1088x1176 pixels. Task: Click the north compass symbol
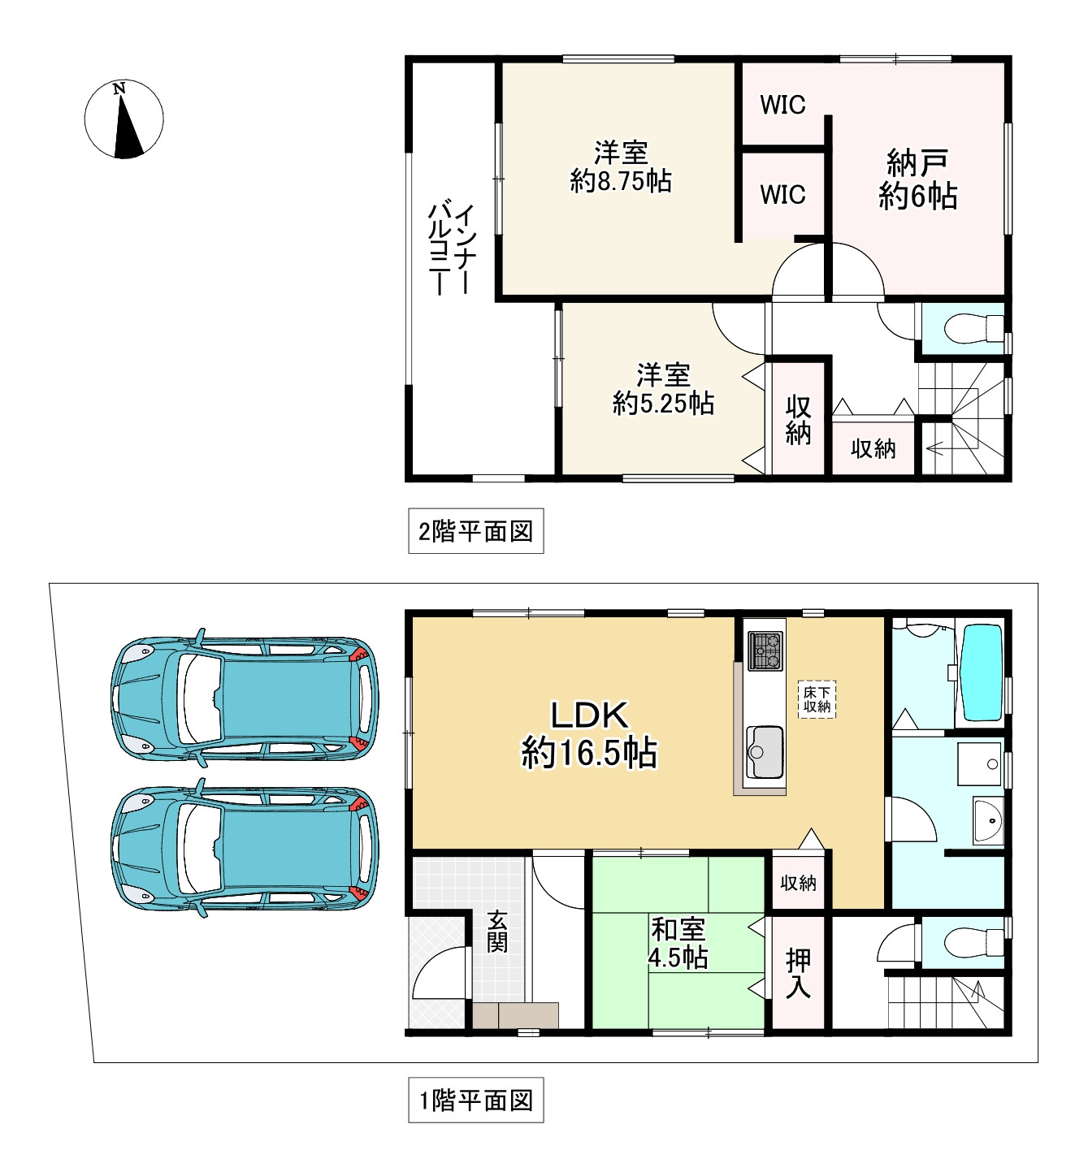(x=124, y=119)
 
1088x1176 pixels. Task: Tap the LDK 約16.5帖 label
(x=589, y=734)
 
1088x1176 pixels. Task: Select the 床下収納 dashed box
(x=817, y=698)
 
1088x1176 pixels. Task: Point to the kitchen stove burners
(x=765, y=651)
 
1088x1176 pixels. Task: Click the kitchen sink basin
(x=765, y=752)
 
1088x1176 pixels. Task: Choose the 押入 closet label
(x=798, y=973)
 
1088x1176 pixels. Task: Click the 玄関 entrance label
(x=497, y=932)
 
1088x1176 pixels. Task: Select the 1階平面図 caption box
(x=476, y=1100)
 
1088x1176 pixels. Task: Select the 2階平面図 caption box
(x=476, y=530)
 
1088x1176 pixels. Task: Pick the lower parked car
(x=245, y=849)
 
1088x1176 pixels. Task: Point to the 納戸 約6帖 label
(x=917, y=179)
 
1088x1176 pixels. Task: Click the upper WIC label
(x=782, y=105)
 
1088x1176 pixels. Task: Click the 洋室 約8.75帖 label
(x=621, y=166)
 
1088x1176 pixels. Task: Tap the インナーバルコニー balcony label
(x=452, y=249)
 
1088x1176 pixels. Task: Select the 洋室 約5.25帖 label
(x=663, y=389)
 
